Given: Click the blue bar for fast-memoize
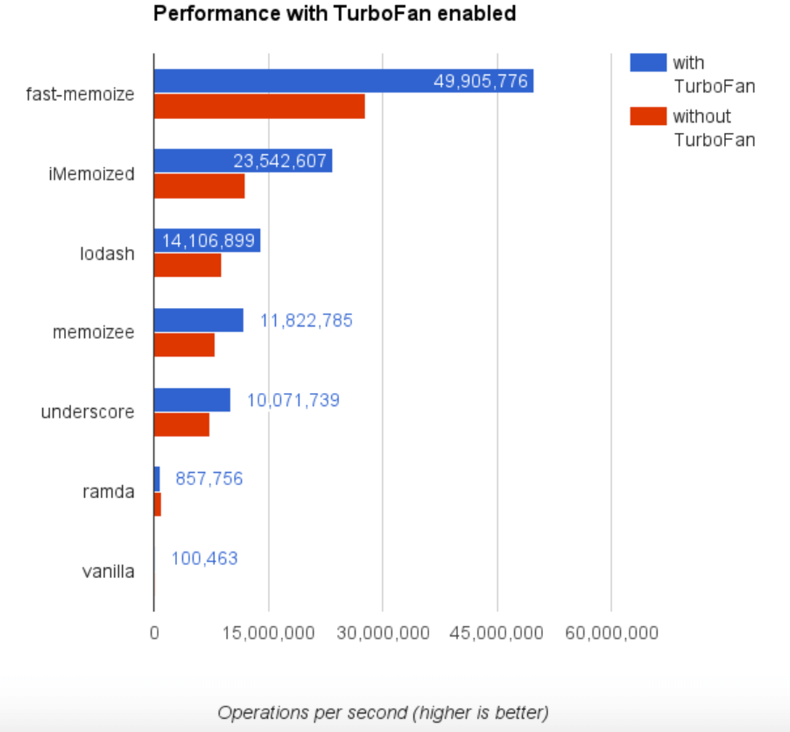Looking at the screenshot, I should coord(290,81).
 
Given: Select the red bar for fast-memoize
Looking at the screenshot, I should coord(259,107).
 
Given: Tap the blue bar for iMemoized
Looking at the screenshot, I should coord(192,160).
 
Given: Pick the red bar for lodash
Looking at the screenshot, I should coord(187,266).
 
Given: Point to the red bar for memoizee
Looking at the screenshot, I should coord(184,345).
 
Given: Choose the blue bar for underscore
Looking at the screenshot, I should coord(192,400).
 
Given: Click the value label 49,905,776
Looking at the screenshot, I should coord(481,81).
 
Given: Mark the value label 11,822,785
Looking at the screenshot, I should coord(306,320).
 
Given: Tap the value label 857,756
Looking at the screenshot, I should coord(209,479).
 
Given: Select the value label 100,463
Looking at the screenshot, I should coord(205,558).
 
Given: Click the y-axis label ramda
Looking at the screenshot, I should coord(109,492).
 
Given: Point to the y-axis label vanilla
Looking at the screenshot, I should coord(108,572).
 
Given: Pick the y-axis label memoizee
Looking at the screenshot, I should coord(94,333).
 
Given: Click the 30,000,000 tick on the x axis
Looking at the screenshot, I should coord(383,633).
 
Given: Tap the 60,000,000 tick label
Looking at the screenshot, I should coord(612,633).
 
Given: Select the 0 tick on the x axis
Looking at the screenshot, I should coord(154,633).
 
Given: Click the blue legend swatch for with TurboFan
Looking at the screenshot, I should coord(648,62).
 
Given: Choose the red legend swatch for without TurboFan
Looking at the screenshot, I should coord(648,115).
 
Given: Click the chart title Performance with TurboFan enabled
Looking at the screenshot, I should coord(334,14).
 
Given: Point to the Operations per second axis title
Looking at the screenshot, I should coord(383,712).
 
